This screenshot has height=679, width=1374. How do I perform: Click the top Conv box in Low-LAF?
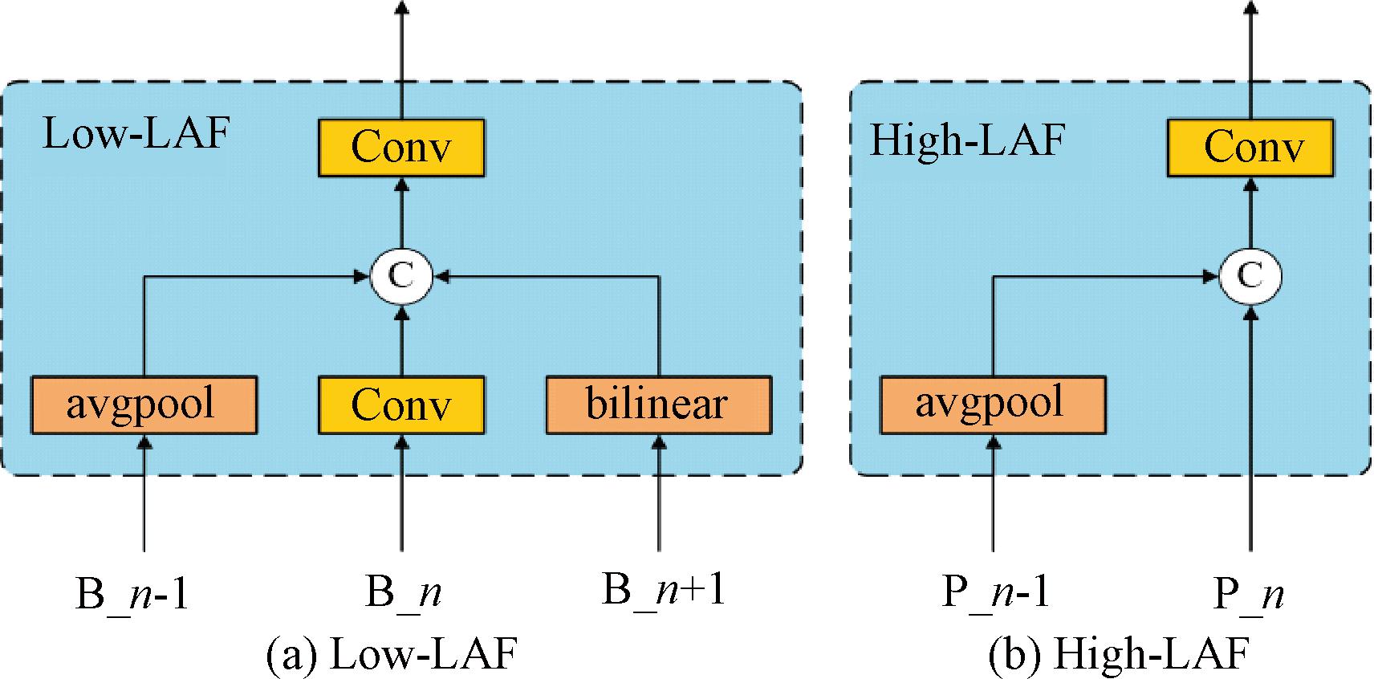click(401, 148)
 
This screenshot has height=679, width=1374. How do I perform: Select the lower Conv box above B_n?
click(401, 405)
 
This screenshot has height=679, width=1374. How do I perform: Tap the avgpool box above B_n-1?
click(144, 405)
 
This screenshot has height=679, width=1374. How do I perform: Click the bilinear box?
click(658, 405)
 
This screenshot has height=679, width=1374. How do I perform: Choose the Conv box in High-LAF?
click(1250, 148)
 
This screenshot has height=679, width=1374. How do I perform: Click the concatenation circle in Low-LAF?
click(401, 277)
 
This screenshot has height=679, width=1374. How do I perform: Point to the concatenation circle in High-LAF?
click(1250, 277)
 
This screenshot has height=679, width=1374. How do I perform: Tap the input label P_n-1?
click(995, 593)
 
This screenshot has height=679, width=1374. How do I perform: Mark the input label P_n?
click(1249, 595)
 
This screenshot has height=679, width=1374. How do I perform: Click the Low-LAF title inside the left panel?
click(136, 133)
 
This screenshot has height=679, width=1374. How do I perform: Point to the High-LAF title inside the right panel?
click(967, 140)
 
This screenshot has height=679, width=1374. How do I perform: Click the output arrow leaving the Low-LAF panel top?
click(402, 40)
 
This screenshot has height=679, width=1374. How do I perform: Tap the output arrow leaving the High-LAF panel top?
click(1250, 40)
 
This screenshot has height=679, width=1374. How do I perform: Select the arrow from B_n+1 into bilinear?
click(659, 494)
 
